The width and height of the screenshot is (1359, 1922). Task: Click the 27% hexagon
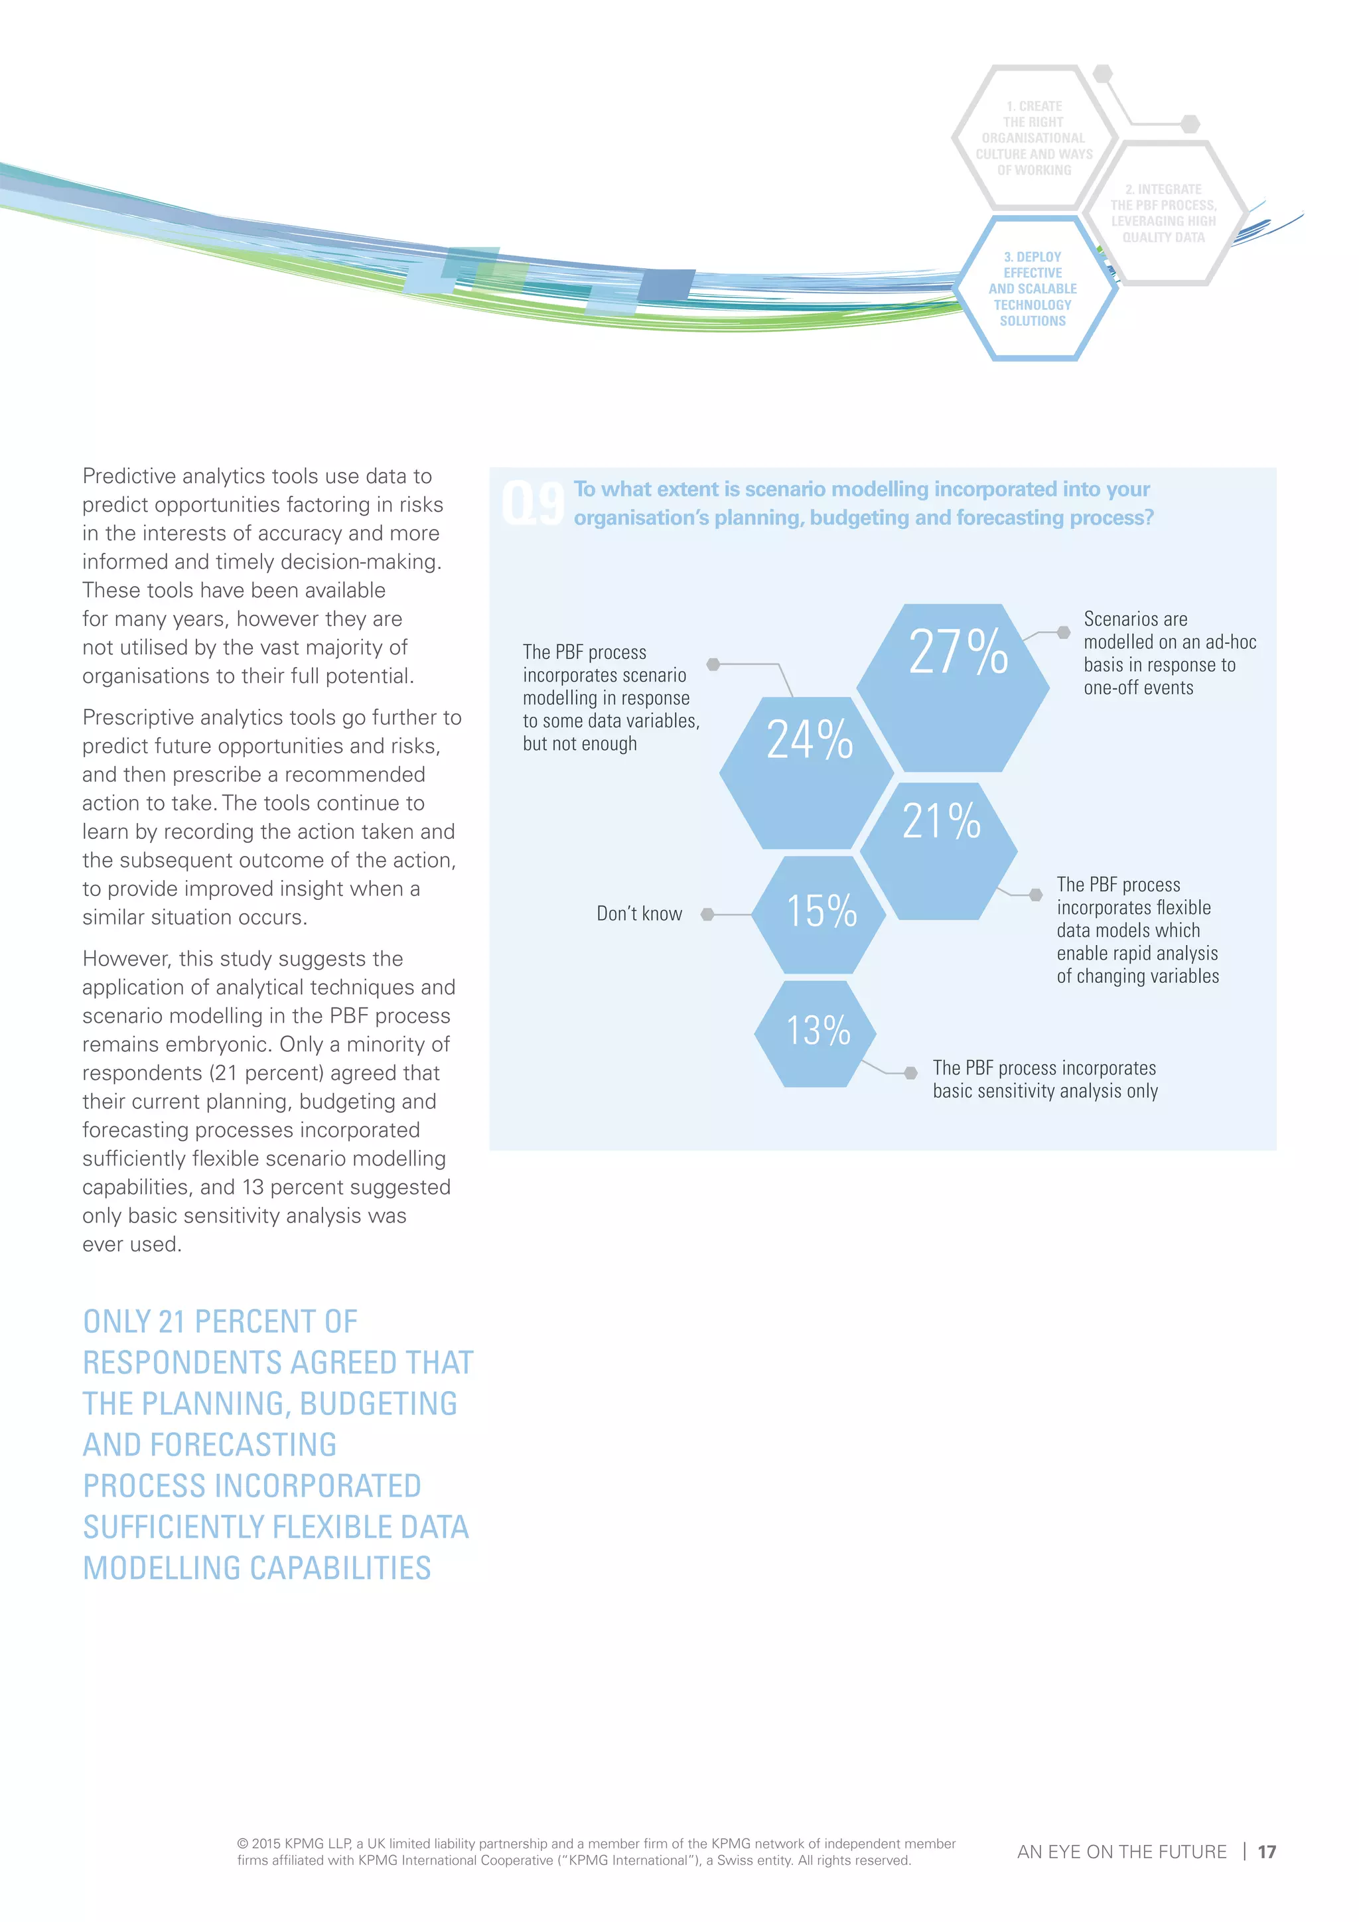pos(952,686)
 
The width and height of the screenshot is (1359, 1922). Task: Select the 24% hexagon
pos(807,772)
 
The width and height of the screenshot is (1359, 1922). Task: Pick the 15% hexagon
pos(818,913)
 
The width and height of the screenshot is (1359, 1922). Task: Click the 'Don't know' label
pos(639,914)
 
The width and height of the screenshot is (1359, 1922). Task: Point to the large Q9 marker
pos(532,503)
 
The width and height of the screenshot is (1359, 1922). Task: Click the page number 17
pos(1266,1852)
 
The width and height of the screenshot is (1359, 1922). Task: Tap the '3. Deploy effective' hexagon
pos(1033,289)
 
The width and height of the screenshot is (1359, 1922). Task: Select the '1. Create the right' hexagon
pos(1035,138)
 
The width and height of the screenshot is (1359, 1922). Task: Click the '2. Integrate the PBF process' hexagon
pos(1164,214)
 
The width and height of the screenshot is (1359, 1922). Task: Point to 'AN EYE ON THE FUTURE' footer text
pos(1121,1852)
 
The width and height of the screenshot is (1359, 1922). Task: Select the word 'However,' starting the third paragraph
pos(124,958)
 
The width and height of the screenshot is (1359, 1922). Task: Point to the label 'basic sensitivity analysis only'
pos(1045,1092)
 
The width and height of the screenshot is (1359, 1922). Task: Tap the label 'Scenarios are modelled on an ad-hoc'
pos(1169,630)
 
